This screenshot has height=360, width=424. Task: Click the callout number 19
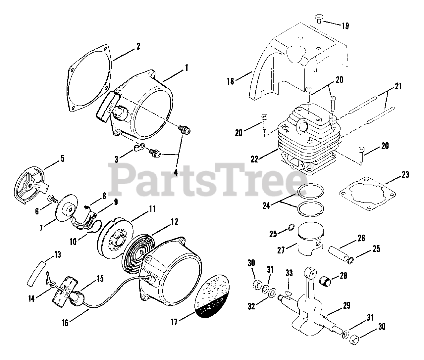click(345, 26)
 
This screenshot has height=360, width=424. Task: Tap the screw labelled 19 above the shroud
click(319, 17)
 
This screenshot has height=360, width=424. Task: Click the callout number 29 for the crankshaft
click(346, 305)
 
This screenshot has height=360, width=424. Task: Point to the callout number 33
click(290, 273)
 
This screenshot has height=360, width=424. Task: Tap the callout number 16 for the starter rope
click(65, 322)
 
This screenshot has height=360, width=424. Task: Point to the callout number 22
click(254, 159)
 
